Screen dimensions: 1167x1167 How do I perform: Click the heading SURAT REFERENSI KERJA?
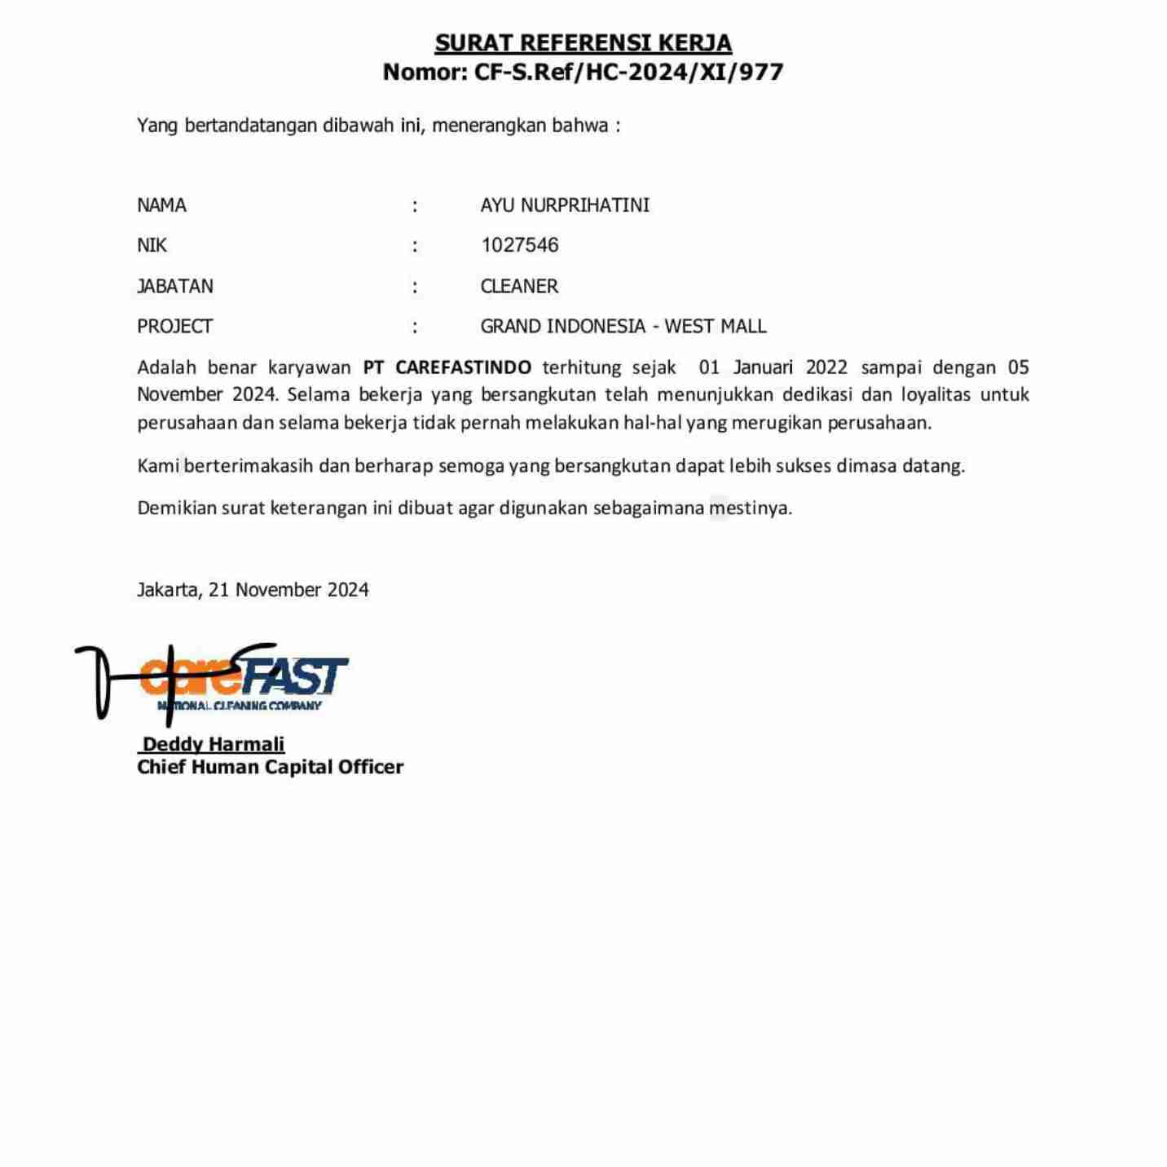[x=583, y=42]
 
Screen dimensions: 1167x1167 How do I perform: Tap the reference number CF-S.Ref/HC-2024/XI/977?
[x=628, y=73]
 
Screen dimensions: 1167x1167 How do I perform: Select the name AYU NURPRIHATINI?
[x=565, y=205]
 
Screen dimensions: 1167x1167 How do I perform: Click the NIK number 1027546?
[x=519, y=245]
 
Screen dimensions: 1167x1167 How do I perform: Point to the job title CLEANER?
[x=519, y=286]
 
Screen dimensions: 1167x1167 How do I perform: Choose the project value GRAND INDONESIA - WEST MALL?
[x=623, y=327]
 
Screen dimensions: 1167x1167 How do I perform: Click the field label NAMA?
[x=161, y=205]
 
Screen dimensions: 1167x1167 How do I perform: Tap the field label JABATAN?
[x=175, y=286]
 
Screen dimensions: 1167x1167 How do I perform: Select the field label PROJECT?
[x=174, y=327]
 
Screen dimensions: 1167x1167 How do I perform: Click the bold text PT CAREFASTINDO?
[x=447, y=368]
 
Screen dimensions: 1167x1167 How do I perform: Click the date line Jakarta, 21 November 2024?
[x=253, y=590]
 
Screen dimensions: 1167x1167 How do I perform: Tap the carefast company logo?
[x=244, y=681]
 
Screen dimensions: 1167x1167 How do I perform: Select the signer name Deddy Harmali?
[x=213, y=744]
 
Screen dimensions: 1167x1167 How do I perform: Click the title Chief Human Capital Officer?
[x=270, y=767]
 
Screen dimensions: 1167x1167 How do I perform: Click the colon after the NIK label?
[x=415, y=246]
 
